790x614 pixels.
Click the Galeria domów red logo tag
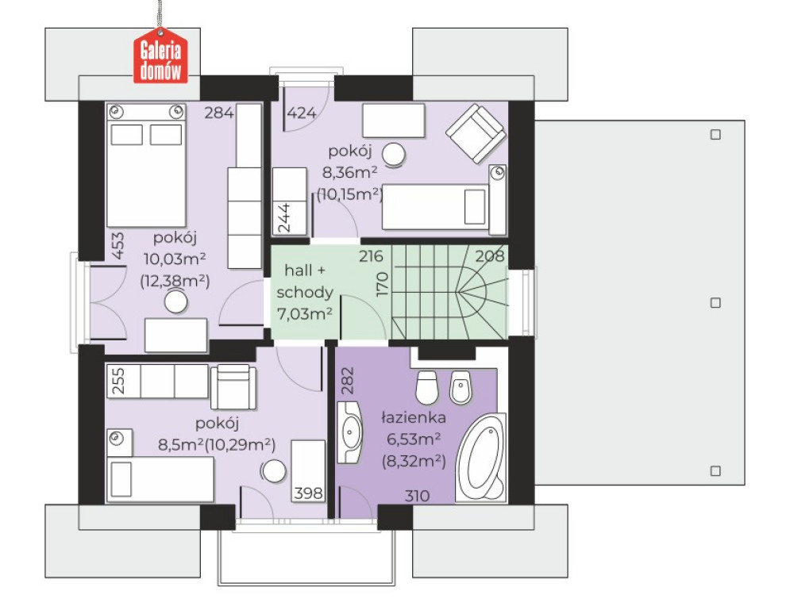[x=160, y=56]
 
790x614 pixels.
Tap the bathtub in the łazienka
[x=481, y=458]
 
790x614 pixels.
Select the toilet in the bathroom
[x=426, y=387]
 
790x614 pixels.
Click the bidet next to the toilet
[x=461, y=388]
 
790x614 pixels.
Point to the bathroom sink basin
[x=349, y=432]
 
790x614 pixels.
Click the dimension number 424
[x=301, y=113]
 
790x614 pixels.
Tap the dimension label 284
[x=218, y=112]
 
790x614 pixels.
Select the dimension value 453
[x=117, y=246]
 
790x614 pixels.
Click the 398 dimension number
[x=308, y=493]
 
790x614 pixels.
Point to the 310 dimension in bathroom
[x=417, y=497]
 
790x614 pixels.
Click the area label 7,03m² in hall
[x=304, y=314]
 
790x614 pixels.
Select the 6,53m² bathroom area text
[x=414, y=439]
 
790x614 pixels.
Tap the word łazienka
[x=414, y=417]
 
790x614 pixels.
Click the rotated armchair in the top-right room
[x=476, y=133]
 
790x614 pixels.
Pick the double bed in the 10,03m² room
[x=146, y=166]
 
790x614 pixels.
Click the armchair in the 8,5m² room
[x=233, y=386]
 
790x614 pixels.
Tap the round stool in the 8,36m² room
[x=394, y=155]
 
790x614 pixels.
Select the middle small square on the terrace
[x=715, y=302]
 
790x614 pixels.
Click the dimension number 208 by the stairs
[x=490, y=256]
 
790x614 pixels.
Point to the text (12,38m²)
[x=175, y=281]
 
